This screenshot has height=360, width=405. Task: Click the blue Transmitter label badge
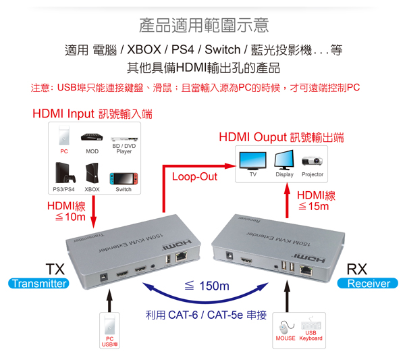pyautogui.click(x=38, y=284)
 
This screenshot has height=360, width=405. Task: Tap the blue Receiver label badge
pyautogui.click(x=368, y=284)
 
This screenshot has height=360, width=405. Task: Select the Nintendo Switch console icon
pyautogui.click(x=124, y=179)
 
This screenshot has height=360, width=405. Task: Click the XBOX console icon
pyautogui.click(x=92, y=173)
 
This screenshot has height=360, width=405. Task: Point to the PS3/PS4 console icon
pyautogui.click(x=65, y=173)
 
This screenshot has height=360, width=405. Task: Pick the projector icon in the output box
pyautogui.click(x=312, y=161)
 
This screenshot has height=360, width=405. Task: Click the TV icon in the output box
pyautogui.click(x=253, y=161)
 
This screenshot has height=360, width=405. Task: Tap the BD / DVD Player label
pyautogui.click(x=124, y=149)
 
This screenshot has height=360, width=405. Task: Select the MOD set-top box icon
pyautogui.click(x=92, y=137)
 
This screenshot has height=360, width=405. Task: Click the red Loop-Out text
pyautogui.click(x=195, y=177)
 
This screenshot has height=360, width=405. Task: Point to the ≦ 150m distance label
pyautogui.click(x=207, y=286)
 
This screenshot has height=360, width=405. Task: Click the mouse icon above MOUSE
pyautogui.click(x=286, y=328)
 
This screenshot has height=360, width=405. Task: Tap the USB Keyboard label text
pyautogui.click(x=310, y=336)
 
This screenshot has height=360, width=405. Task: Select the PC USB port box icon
pyautogui.click(x=109, y=331)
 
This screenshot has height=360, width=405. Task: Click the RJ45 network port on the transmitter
pyautogui.click(x=182, y=257)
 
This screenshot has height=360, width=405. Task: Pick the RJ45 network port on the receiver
pyautogui.click(x=306, y=271)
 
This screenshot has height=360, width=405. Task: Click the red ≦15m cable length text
pyautogui.click(x=314, y=207)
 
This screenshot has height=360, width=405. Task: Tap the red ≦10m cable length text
pyautogui.click(x=70, y=217)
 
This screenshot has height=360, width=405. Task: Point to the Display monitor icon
pyautogui.click(x=284, y=159)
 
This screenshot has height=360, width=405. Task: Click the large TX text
pyautogui.click(x=55, y=269)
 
